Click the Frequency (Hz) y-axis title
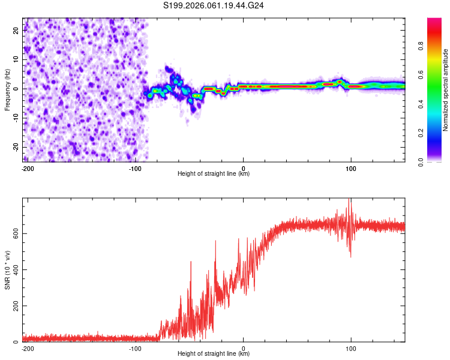(7, 90)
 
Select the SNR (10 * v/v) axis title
(7, 270)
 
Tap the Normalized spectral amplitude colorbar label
(445, 90)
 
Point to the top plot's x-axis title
(214, 174)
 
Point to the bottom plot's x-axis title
(214, 354)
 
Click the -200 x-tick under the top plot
(27, 168)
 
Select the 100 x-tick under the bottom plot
(350, 348)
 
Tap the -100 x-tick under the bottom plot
(135, 348)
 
